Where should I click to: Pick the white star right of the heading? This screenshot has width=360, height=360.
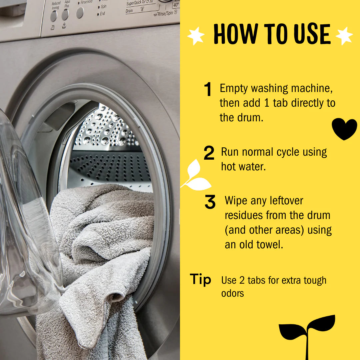pos(344,36)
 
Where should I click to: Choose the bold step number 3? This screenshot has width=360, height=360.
pos(210,202)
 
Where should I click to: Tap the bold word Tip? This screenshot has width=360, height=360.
pos(201,279)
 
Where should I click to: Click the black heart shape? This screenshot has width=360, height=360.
pos(344,128)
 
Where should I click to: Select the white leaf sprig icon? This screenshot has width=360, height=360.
pos(195,175)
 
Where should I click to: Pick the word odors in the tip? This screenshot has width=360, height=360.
pos(233,293)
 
